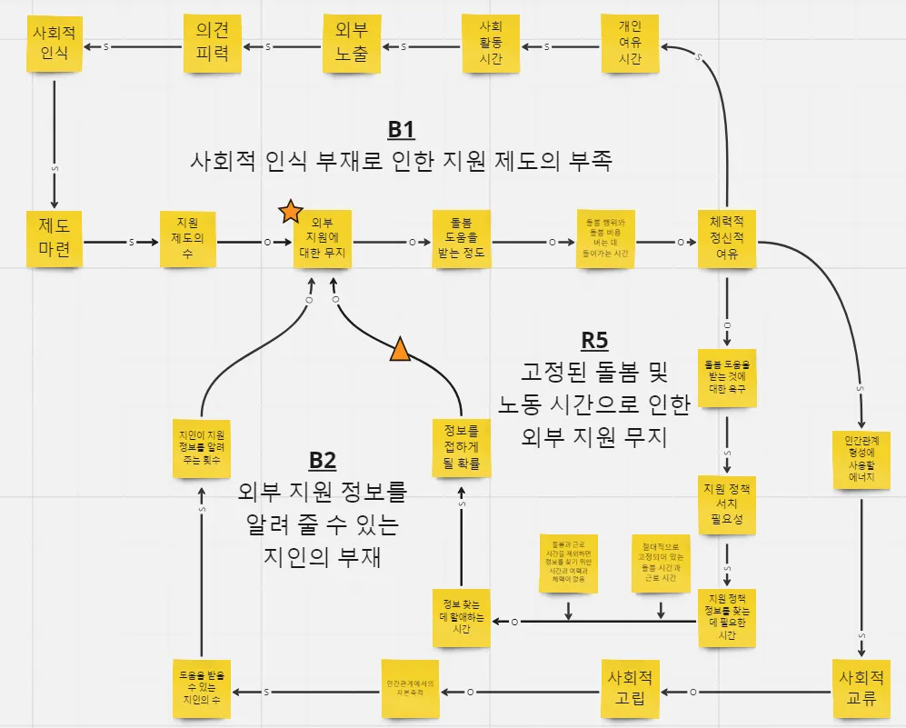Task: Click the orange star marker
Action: click(290, 212)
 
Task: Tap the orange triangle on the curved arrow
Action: click(400, 349)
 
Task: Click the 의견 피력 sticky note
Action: click(213, 44)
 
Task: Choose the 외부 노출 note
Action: click(352, 43)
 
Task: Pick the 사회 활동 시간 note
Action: click(490, 44)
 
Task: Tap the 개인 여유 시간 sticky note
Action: click(630, 43)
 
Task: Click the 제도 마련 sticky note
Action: click(55, 239)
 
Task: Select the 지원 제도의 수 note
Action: click(188, 240)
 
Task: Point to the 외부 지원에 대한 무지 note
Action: click(322, 240)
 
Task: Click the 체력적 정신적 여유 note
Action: click(727, 238)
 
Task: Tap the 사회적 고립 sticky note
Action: click(631, 688)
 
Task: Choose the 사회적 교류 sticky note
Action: click(861, 688)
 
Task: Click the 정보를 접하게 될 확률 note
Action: click(462, 445)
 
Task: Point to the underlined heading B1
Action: click(401, 129)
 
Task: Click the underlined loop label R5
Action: click(594, 340)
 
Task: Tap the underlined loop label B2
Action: click(323, 460)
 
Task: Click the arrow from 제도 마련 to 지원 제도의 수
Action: click(121, 243)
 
